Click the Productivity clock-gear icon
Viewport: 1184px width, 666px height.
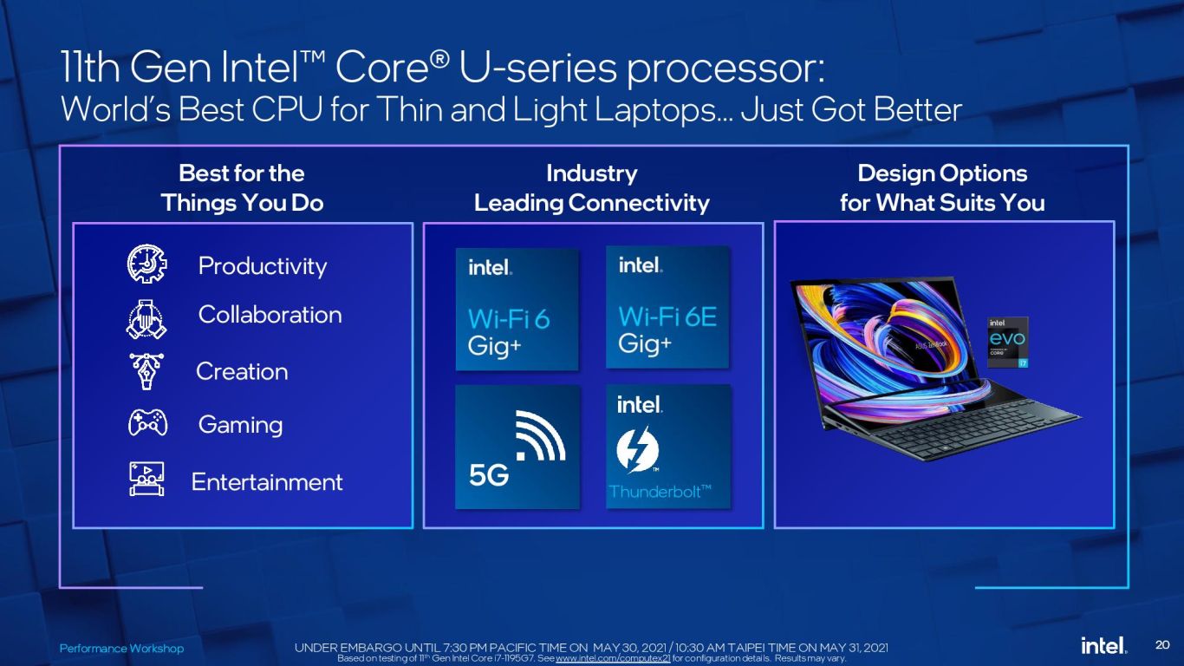[147, 264]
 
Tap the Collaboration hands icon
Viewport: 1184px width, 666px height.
[146, 319]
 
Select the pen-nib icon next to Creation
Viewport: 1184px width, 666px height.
[146, 371]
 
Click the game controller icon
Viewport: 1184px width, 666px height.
[148, 422]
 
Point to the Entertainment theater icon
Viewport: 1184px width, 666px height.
[146, 479]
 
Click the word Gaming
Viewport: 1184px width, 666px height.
[240, 425]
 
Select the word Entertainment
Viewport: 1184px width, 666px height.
[267, 482]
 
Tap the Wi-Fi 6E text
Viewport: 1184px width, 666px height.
[667, 317]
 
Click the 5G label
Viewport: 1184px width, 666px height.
[489, 475]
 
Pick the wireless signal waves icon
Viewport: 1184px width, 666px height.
[540, 435]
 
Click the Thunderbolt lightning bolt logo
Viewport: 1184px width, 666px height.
[637, 450]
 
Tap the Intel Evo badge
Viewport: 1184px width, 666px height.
[1007, 342]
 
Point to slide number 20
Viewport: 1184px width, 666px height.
[1162, 644]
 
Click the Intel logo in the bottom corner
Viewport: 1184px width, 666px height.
[1103, 645]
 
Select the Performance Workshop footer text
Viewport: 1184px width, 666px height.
[121, 648]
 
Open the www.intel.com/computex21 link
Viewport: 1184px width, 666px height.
[613, 658]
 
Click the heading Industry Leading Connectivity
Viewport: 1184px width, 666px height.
[591, 188]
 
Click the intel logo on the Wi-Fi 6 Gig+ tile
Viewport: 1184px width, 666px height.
[490, 267]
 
